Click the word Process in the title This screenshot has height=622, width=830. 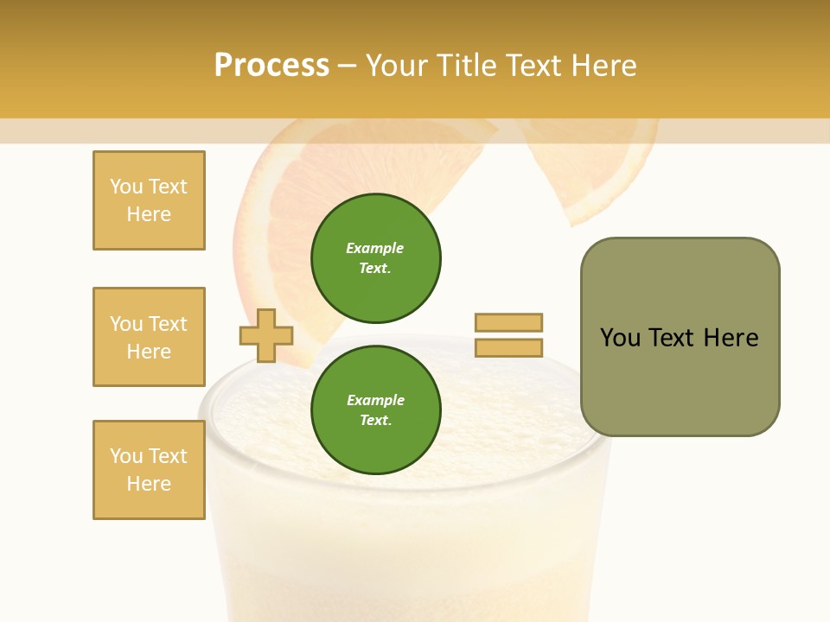[271, 66]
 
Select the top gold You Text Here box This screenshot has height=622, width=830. [149, 200]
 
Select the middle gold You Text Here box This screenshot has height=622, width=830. [149, 337]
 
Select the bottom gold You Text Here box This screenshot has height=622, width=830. [149, 469]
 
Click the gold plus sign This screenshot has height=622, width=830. [266, 335]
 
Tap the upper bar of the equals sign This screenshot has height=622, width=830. [508, 322]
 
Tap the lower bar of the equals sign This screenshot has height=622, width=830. [508, 347]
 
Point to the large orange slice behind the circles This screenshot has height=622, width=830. [277, 216]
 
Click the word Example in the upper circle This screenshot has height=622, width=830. [374, 248]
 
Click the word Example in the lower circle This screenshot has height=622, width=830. [375, 400]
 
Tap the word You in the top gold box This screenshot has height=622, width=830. [125, 187]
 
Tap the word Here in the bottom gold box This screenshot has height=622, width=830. [149, 484]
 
